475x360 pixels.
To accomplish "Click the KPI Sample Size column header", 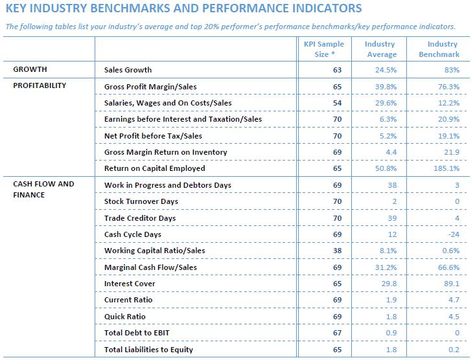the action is pos(324,49).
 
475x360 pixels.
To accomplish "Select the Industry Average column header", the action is pos(380,49).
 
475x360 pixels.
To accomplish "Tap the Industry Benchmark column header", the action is pos(439,49).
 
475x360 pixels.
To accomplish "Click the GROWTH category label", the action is pos(30,69).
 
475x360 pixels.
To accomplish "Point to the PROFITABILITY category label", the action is pos(40,85).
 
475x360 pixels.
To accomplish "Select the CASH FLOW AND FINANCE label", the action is pos(43,189).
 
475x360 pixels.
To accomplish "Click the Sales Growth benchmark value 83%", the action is pos(452,70).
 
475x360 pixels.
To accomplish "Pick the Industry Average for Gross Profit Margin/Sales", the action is pos(386,87).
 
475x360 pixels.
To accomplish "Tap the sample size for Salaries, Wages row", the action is pos(337,103).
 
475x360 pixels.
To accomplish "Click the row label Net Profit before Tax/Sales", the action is pos(153,136).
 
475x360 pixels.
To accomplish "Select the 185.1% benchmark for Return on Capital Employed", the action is pos(446,168).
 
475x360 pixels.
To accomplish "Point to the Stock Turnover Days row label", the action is pos(141,201).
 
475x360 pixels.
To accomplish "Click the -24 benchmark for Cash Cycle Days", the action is pos(454,234).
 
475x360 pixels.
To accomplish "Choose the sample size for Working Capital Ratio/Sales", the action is pos(337,251).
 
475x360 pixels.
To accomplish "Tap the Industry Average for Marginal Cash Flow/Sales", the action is pos(386,267).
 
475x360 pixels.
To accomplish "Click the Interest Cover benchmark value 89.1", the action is pos(452,284).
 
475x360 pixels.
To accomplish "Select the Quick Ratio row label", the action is pos(125,317).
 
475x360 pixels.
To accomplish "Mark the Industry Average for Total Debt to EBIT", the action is pos(391,333).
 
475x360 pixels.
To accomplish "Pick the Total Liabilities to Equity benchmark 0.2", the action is pos(454,350).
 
